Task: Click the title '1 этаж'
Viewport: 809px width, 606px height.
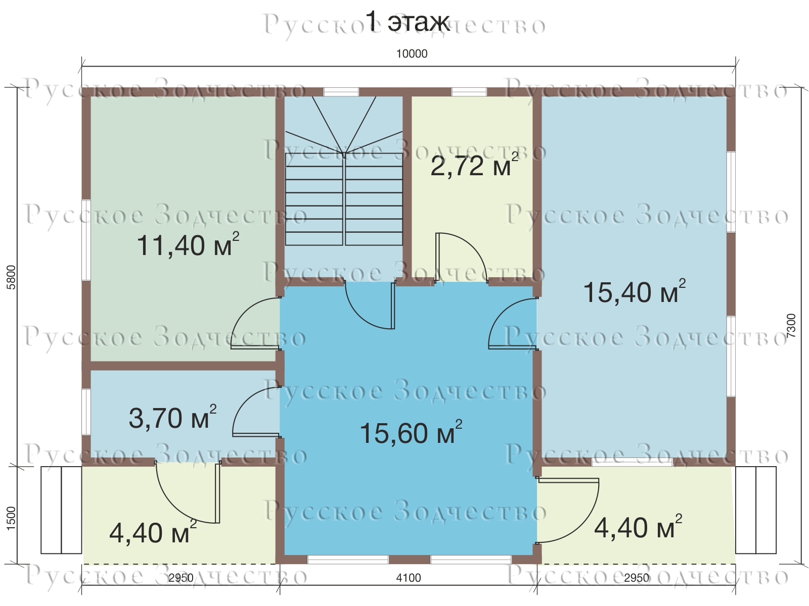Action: pos(407,22)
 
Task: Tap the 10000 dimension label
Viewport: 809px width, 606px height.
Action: pos(412,54)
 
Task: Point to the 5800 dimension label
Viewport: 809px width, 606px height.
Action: pos(12,277)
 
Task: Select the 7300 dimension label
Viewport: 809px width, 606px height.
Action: pos(791,326)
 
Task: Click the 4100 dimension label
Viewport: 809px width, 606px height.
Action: pos(409,578)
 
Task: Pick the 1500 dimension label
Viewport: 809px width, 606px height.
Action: pos(12,519)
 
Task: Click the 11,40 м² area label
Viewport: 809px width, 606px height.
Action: pos(188,244)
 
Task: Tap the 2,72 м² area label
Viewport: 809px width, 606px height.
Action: pos(474,165)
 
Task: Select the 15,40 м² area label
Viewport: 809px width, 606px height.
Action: pos(634,291)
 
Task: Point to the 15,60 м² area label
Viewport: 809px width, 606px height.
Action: pos(411,432)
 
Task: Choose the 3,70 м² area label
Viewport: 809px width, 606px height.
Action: pos(172,417)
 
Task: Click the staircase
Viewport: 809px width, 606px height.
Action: pos(343,171)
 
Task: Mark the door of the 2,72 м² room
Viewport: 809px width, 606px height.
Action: pos(462,258)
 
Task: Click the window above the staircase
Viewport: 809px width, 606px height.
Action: pos(341,91)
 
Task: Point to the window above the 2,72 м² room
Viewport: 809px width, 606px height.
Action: pos(469,91)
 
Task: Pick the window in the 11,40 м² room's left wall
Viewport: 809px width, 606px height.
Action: pos(86,240)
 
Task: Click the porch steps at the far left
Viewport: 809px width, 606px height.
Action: pos(61,510)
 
